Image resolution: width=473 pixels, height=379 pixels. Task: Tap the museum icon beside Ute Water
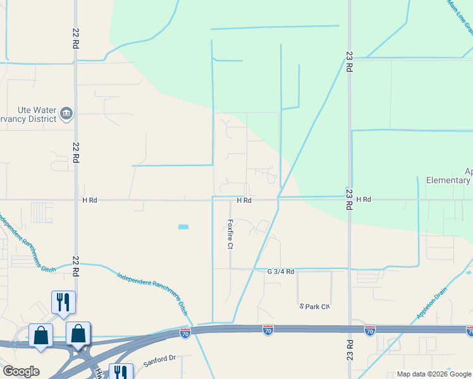point(66,114)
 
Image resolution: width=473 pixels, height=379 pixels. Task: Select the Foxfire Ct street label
point(231,234)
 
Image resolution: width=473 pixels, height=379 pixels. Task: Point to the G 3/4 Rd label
point(281,272)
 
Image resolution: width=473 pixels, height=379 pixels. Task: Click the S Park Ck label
point(315,306)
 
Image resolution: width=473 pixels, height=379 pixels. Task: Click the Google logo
point(21,371)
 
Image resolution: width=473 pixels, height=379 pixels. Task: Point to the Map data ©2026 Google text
point(434,374)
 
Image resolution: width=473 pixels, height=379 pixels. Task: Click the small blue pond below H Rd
point(183,227)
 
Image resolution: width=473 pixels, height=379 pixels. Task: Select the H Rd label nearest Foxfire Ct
point(245,200)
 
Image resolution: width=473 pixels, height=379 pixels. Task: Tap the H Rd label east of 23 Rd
point(363,200)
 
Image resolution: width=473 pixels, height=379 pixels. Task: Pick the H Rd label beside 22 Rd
point(90,200)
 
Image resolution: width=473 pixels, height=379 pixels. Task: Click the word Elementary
point(448,181)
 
